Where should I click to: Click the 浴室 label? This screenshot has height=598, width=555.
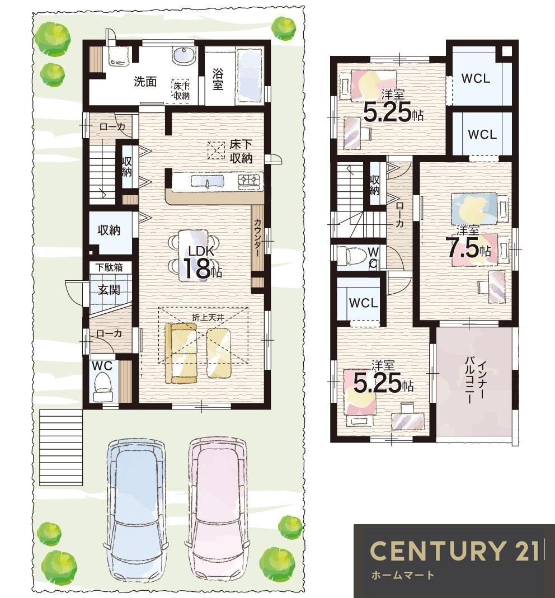tap(218, 79)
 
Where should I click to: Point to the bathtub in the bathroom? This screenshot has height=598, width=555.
tap(250, 75)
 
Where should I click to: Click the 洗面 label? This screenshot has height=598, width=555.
tap(145, 81)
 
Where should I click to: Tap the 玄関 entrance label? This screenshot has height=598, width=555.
tap(110, 289)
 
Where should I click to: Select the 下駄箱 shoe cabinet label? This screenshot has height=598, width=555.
tap(109, 267)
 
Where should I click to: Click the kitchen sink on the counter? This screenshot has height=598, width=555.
tap(207, 181)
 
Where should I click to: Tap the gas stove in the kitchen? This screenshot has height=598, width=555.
tap(250, 181)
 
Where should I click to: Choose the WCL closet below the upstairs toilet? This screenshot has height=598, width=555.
tap(364, 303)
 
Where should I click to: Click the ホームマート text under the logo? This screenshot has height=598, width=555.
tap(402, 575)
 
